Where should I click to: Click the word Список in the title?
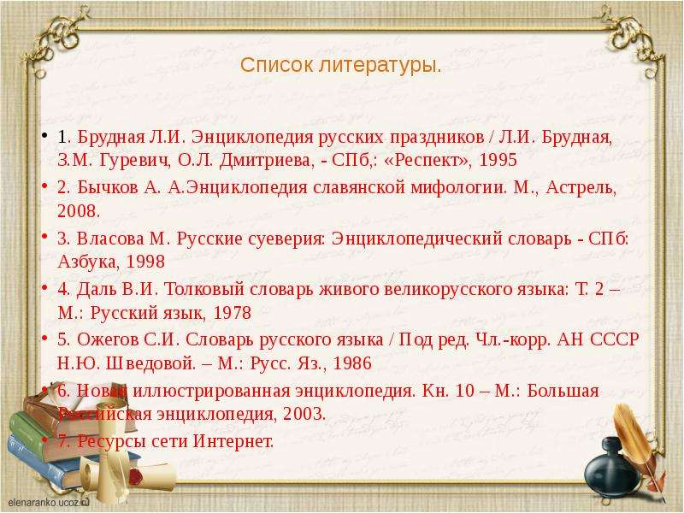[x=276, y=66]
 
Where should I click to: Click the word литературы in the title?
[x=377, y=66]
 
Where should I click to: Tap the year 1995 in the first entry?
[x=498, y=160]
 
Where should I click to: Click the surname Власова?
[x=110, y=239]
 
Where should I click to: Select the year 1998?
[x=145, y=262]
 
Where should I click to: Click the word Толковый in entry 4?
[x=203, y=289]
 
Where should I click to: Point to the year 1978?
[x=233, y=313]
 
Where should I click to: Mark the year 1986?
[x=352, y=363]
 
